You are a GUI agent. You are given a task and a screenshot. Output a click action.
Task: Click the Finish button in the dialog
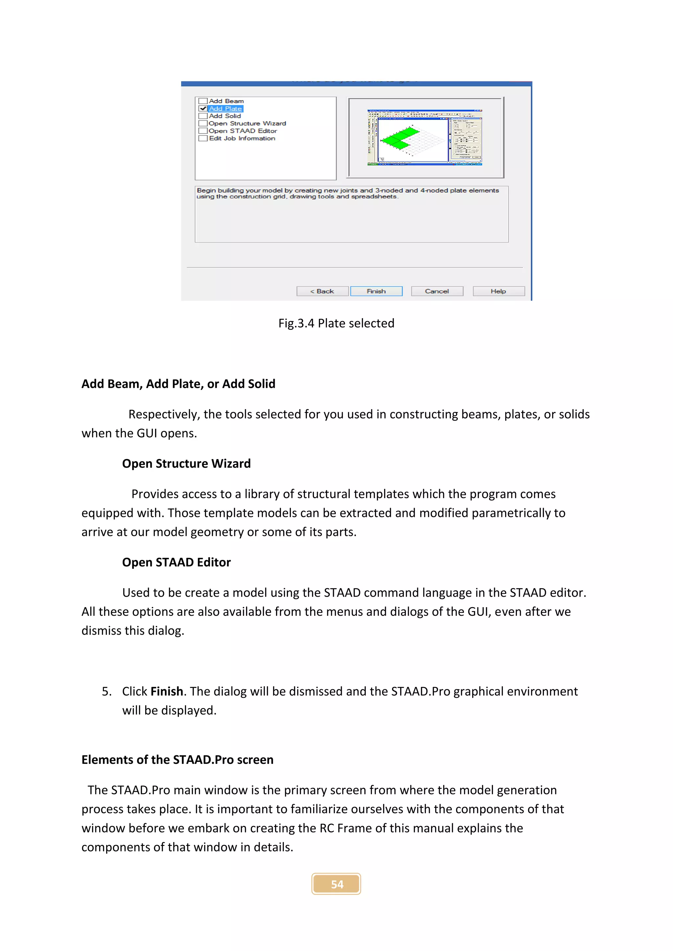coord(376,291)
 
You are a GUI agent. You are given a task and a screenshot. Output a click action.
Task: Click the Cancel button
coord(437,291)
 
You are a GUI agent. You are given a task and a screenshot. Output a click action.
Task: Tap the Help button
coord(498,291)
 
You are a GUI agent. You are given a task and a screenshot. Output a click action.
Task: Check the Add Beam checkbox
coord(203,101)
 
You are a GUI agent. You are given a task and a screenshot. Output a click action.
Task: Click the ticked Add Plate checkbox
coord(203,108)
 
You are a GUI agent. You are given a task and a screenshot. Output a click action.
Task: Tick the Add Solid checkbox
coord(203,116)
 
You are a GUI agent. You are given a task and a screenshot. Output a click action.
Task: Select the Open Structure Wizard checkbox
coord(203,123)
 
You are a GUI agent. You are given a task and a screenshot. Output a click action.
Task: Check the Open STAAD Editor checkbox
coord(203,131)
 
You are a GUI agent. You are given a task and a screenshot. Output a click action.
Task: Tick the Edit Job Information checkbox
coord(203,138)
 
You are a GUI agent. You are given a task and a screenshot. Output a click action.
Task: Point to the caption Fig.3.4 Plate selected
coord(336,323)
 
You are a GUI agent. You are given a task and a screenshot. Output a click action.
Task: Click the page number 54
coord(336,884)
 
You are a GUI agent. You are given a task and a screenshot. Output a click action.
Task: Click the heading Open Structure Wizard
coord(186,463)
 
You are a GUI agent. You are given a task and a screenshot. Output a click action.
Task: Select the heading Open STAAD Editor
coord(176,562)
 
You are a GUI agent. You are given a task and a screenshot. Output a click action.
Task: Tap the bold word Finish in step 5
coord(167,691)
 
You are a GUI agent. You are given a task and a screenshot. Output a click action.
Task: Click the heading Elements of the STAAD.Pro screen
coord(177,760)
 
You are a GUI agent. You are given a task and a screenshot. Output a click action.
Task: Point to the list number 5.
coord(106,691)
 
